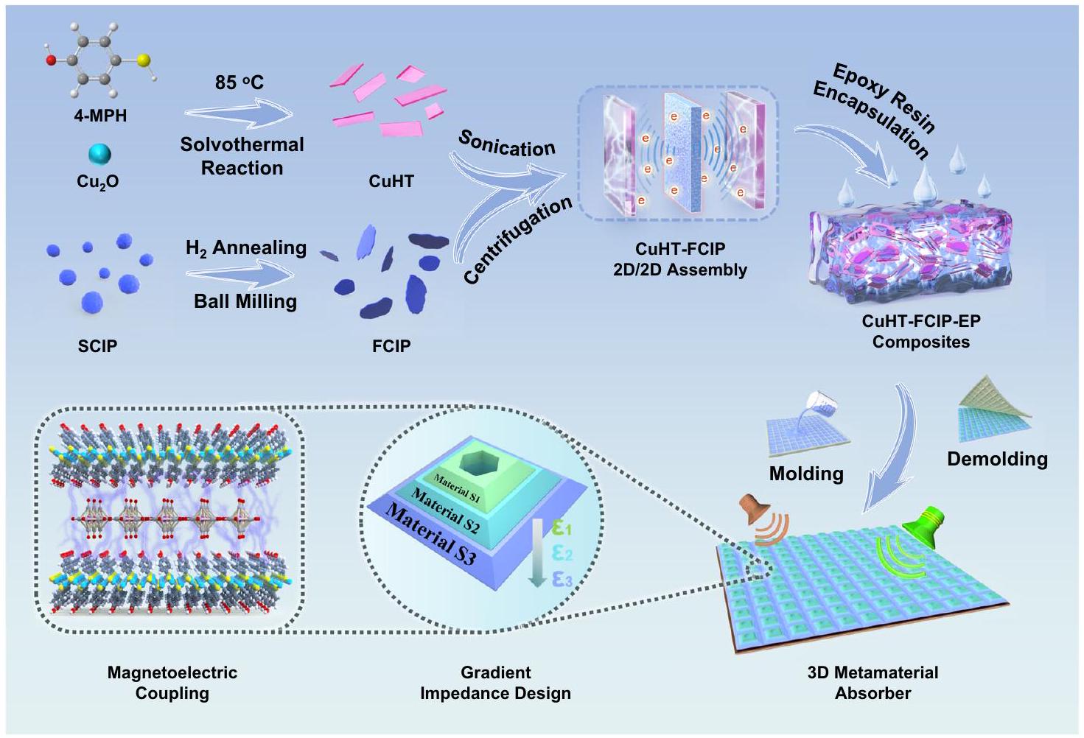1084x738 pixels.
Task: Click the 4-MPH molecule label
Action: [99, 116]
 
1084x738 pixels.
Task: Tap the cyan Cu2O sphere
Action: [99, 154]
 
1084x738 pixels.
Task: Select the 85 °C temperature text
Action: [239, 82]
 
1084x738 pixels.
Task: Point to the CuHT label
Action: [391, 181]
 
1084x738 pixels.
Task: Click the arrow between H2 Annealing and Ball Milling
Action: [239, 275]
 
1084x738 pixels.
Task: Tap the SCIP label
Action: [97, 345]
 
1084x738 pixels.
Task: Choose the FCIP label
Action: [391, 345]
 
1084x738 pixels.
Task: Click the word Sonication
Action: [506, 143]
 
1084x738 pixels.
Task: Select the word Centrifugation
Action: [518, 239]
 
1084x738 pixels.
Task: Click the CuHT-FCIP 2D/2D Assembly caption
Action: [679, 259]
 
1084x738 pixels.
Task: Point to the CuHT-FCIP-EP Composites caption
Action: [920, 331]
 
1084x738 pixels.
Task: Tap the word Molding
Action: [806, 473]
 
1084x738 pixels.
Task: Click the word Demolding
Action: [997, 459]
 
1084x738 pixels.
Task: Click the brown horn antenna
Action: [753, 514]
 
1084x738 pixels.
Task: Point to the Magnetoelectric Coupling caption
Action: [172, 682]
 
